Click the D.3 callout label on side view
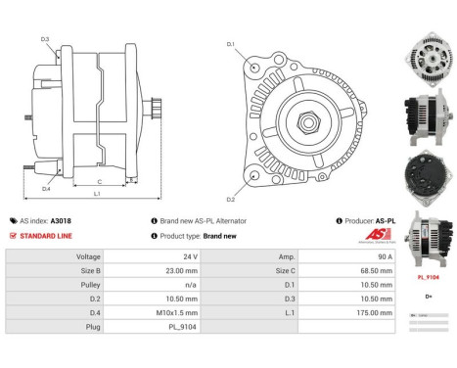pyautogui.click(x=46, y=39)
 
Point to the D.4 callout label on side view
pyautogui.click(x=46, y=188)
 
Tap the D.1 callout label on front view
pyautogui.click(x=230, y=44)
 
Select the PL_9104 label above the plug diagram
pyautogui.click(x=429, y=277)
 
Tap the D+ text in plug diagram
pyautogui.click(x=429, y=297)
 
